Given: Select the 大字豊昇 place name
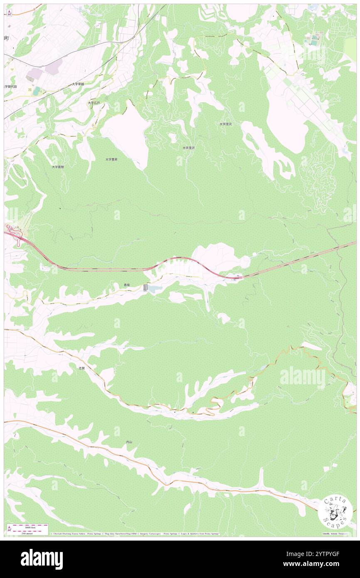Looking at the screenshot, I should pos(111,159).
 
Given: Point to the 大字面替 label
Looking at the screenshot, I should pos(58,167).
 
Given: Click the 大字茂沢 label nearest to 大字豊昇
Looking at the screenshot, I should pos(188,148).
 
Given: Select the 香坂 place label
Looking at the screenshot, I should pos(127,285).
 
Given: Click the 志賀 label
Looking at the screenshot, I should pos(82,368).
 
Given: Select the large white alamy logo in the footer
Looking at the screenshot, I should pos(42,559).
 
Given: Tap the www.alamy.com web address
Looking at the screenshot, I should pos(326,564).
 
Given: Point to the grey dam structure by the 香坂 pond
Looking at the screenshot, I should pos(145,287).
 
